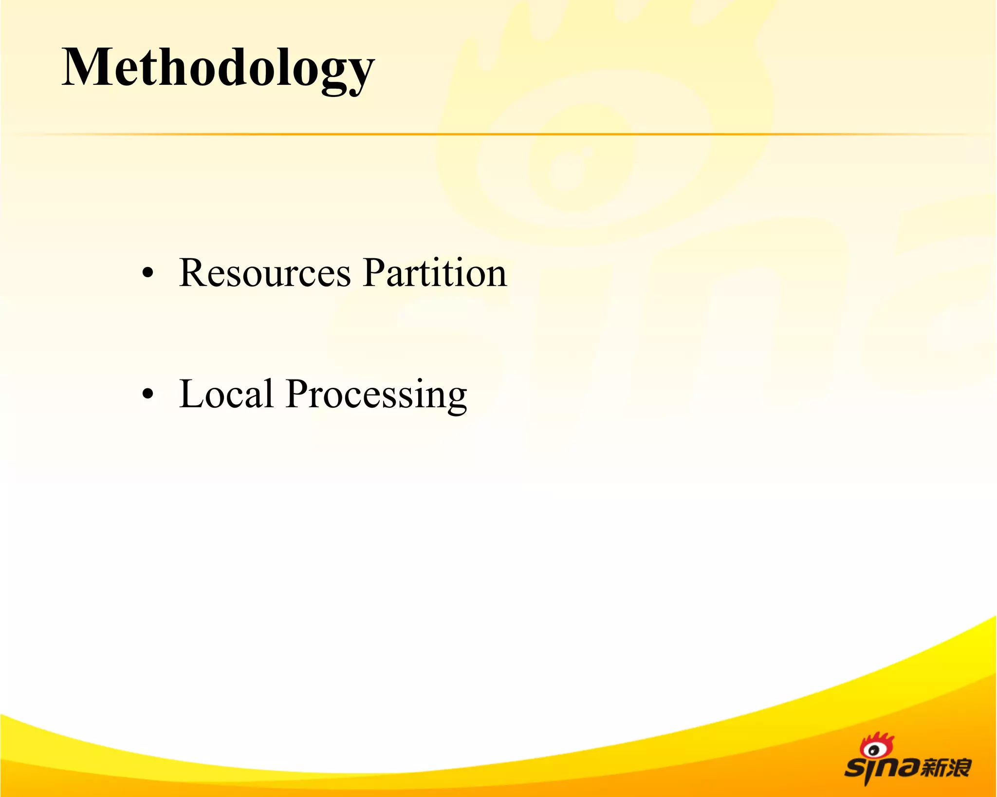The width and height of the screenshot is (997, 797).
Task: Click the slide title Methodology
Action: [x=218, y=68]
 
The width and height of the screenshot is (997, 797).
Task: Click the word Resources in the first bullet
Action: [x=264, y=273]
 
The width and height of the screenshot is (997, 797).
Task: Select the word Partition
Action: [x=435, y=273]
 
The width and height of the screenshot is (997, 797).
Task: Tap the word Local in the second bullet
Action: [x=226, y=394]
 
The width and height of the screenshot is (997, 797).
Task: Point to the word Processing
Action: [x=376, y=396]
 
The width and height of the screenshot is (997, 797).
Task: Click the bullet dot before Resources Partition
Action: [x=148, y=274]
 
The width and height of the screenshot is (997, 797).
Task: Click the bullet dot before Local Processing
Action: [x=148, y=394]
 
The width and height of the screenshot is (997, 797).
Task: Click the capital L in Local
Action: [x=190, y=394]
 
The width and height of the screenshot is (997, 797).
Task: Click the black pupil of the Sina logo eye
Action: [x=874, y=750]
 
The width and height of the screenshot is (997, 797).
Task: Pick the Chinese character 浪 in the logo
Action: [x=959, y=767]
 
